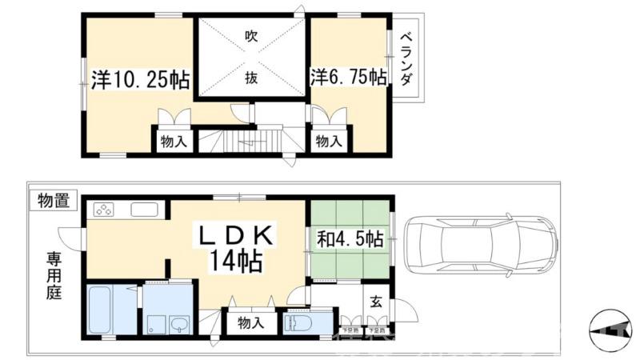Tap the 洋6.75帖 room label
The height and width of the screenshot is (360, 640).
pyautogui.click(x=349, y=78)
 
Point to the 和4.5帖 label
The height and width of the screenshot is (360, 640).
pyautogui.click(x=349, y=238)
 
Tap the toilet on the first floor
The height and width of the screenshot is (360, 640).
pyautogui.click(x=299, y=323)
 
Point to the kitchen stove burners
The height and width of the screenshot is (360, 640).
pyautogui.click(x=105, y=210)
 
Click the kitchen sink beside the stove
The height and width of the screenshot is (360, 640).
pyautogui.click(x=146, y=210)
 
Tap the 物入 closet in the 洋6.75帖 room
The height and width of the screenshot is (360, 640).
pyautogui.click(x=328, y=142)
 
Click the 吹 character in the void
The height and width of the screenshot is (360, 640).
pyautogui.click(x=251, y=36)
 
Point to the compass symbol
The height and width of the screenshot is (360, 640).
pyautogui.click(x=610, y=330)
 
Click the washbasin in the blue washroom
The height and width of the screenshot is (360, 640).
pyautogui.click(x=178, y=323)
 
